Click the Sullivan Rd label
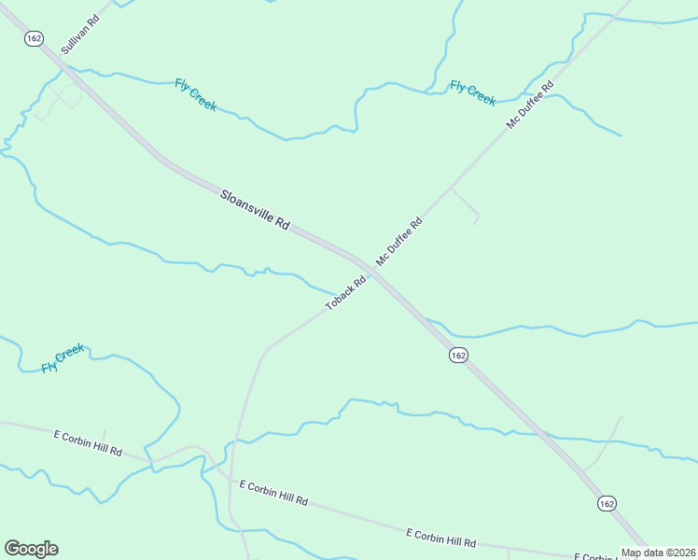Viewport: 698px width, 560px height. pyautogui.click(x=79, y=34)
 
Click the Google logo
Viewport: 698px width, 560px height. pyautogui.click(x=31, y=549)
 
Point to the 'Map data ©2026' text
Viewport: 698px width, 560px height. pyautogui.click(x=659, y=553)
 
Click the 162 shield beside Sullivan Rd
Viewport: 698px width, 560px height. pyautogui.click(x=35, y=38)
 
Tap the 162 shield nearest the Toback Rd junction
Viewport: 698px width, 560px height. pyautogui.click(x=457, y=356)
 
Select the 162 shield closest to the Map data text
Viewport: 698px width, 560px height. pyautogui.click(x=607, y=503)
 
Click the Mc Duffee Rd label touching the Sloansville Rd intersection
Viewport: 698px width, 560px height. pyautogui.click(x=399, y=242)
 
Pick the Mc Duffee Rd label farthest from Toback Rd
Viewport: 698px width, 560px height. pyautogui.click(x=530, y=105)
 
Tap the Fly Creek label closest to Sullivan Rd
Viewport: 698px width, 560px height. pyautogui.click(x=196, y=95)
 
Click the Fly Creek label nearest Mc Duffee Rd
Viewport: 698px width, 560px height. pyautogui.click(x=472, y=93)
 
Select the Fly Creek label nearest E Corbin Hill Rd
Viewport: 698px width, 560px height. pyautogui.click(x=63, y=358)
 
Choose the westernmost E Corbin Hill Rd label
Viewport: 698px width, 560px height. pyautogui.click(x=88, y=443)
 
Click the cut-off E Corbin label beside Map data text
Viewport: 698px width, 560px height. pyautogui.click(x=592, y=556)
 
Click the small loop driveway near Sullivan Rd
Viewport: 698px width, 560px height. pyautogui.click(x=63, y=97)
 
